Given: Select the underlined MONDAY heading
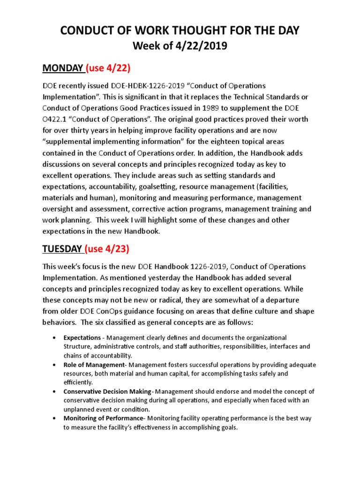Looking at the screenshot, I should pyautogui.click(x=62, y=68).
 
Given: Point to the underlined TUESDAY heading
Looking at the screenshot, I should pyautogui.click(x=62, y=248).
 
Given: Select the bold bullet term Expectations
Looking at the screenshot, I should pyautogui.click(x=82, y=338).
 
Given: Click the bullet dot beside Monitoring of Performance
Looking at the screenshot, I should pyautogui.click(x=56, y=418).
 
